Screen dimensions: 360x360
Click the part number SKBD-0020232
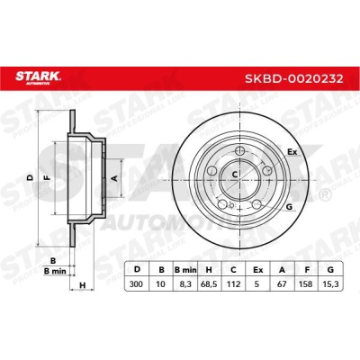[x=294, y=79]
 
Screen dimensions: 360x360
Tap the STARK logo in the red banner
[x=38, y=76]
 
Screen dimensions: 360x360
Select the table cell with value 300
[x=136, y=283]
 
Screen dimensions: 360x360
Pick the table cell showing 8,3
[x=185, y=283]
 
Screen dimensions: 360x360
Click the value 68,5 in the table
[x=209, y=283]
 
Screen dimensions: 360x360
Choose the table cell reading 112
[x=234, y=283]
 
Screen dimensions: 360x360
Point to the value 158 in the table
[x=307, y=283]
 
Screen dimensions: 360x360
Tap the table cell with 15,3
[x=331, y=283]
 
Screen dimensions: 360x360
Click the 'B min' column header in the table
[x=185, y=270]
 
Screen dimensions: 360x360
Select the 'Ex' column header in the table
[x=258, y=270]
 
